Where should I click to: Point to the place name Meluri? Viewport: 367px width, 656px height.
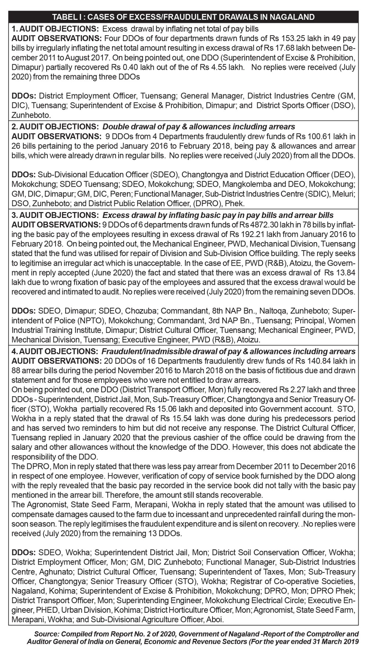pyautogui.click(x=342, y=193)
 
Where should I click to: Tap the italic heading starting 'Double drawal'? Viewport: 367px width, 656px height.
pyautogui.click(x=199, y=127)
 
